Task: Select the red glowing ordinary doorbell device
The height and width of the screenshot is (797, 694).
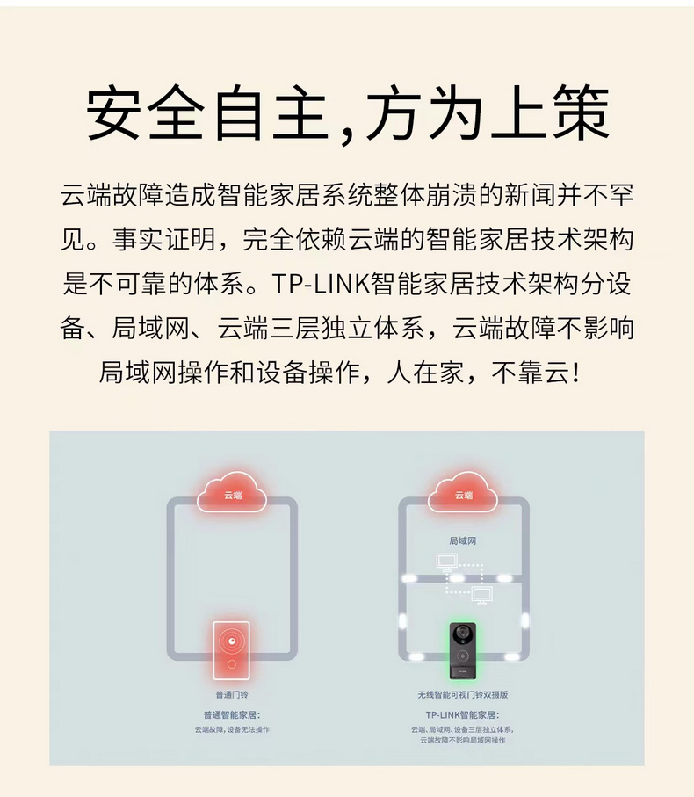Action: click(x=232, y=650)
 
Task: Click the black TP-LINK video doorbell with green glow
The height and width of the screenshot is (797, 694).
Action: click(x=463, y=650)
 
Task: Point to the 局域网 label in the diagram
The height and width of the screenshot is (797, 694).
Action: click(x=463, y=541)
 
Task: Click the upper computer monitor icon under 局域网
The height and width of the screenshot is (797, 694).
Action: click(x=446, y=562)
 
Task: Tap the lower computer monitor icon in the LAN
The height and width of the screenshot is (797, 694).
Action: click(x=481, y=595)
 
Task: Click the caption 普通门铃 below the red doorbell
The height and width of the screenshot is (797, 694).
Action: click(x=232, y=695)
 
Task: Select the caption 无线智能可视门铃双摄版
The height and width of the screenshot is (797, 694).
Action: click(x=463, y=695)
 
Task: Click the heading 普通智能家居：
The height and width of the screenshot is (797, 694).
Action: click(x=232, y=715)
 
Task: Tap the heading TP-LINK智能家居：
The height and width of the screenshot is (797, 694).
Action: click(x=463, y=715)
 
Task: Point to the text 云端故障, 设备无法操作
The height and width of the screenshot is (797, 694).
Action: click(x=232, y=729)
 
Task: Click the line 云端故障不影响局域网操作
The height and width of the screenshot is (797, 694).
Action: click(x=463, y=740)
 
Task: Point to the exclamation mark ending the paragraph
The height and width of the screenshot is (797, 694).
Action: click(x=575, y=373)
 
